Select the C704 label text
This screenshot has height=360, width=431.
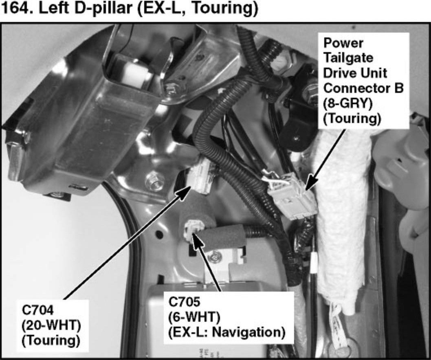37,311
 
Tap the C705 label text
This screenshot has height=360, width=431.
184,302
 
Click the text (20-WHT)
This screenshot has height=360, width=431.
51,326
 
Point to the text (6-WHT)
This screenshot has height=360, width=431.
194,318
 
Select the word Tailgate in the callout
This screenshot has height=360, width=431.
348,58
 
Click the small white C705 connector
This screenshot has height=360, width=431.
194,230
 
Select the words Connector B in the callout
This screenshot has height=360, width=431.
363,88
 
